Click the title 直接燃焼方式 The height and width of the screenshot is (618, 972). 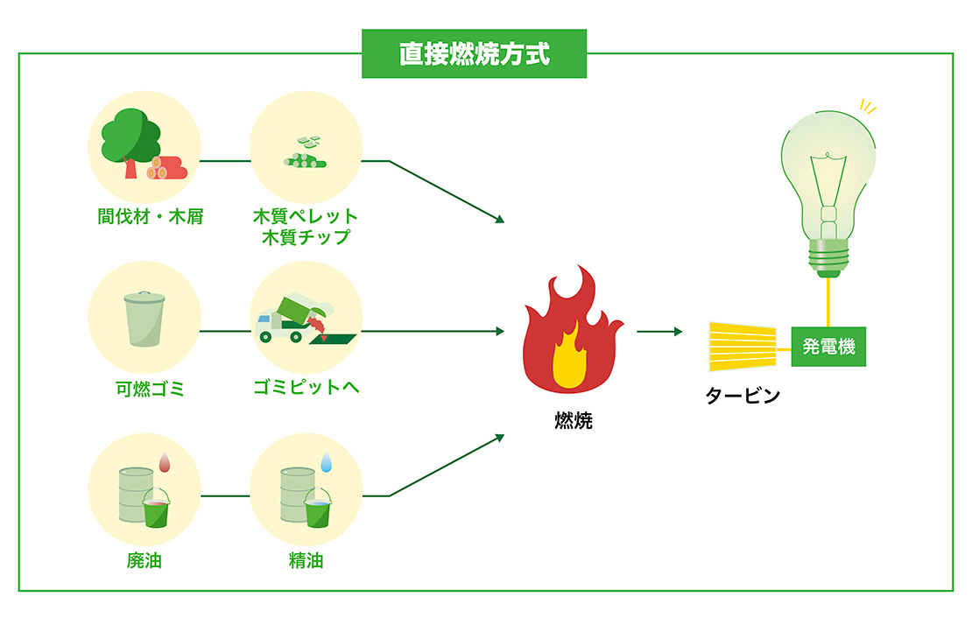[474, 54]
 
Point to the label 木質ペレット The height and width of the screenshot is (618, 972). [305, 216]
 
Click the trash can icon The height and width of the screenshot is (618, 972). [144, 319]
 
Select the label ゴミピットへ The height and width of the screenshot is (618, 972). [306, 389]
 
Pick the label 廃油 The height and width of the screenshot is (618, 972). [144, 561]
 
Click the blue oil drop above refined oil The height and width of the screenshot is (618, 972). [327, 461]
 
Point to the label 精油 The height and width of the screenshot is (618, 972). [306, 561]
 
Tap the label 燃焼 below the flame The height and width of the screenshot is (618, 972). [574, 421]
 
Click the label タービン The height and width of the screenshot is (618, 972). [743, 396]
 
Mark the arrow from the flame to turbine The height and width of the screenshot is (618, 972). [659, 332]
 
